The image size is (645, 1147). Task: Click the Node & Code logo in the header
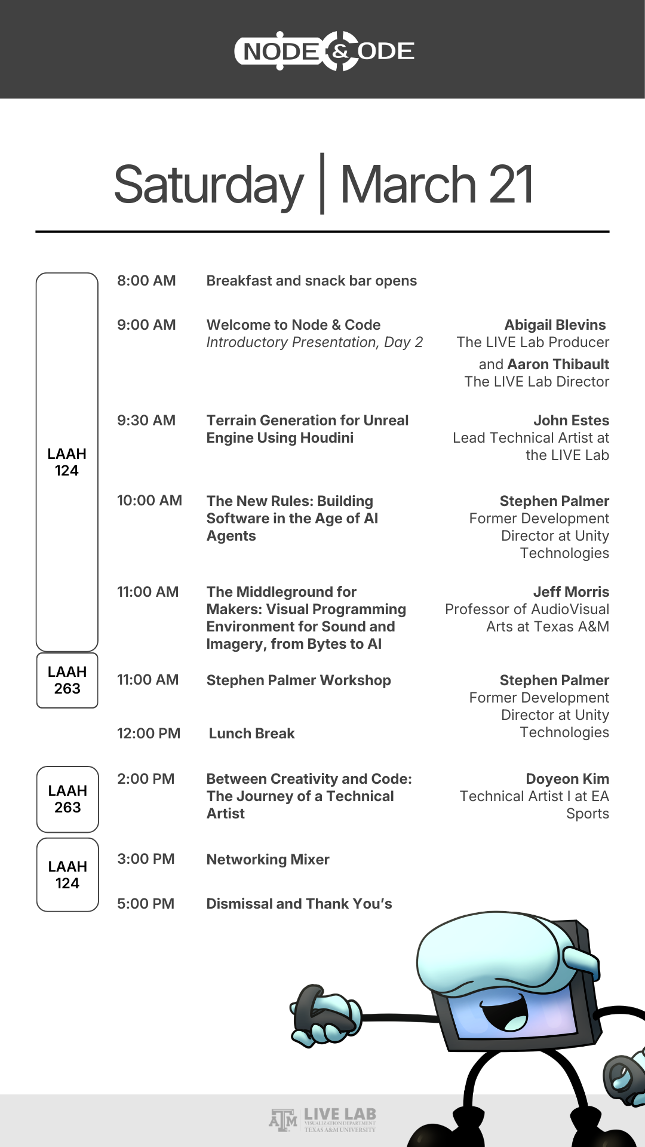click(324, 51)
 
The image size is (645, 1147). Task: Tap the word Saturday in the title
click(208, 185)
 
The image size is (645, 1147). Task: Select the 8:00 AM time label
click(146, 281)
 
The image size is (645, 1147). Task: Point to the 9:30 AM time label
click(146, 421)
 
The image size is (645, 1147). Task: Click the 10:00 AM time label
click(149, 501)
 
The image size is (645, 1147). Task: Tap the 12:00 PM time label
click(149, 734)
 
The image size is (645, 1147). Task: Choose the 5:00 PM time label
click(146, 904)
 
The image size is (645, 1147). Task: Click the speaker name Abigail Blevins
click(555, 325)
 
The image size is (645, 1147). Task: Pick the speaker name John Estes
click(571, 421)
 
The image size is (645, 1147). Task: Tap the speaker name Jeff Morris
click(571, 592)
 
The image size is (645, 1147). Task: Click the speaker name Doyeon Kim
click(567, 779)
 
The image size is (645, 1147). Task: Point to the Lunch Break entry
click(251, 734)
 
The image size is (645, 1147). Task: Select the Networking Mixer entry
click(268, 860)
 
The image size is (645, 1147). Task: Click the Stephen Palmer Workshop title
click(299, 680)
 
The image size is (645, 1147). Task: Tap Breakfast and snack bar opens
click(311, 281)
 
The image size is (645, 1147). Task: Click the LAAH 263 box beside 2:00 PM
click(67, 799)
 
